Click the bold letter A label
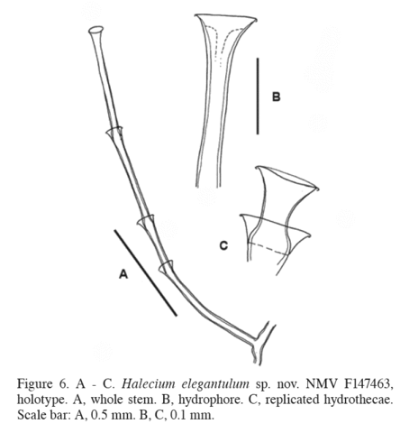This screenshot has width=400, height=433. tap(123, 274)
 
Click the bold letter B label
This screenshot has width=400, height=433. tap(276, 97)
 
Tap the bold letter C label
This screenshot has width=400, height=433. tap(223, 245)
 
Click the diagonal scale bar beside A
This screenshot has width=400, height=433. tap(145, 272)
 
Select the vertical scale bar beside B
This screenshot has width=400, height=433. tap(258, 97)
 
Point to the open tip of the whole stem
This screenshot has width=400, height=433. tap(96, 30)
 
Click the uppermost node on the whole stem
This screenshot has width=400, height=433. tap(114, 133)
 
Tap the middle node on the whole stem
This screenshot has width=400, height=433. tap(146, 222)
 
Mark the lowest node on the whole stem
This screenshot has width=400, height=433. tap(166, 266)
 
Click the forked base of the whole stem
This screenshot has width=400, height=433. tap(260, 343)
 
